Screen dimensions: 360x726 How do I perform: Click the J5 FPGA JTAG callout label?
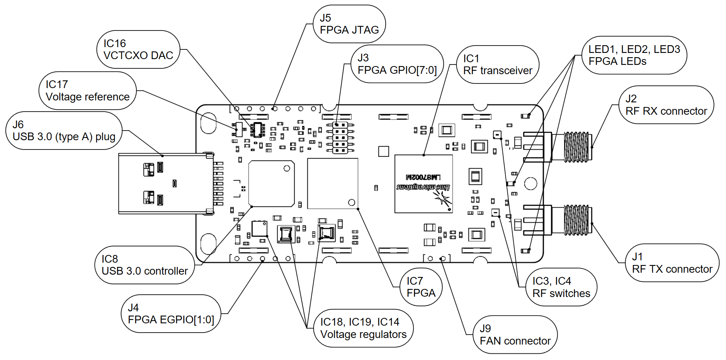tap(349, 24)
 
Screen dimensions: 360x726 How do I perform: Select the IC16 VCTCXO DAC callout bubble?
tap(138, 49)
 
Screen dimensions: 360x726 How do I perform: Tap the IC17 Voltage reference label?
tap(88, 91)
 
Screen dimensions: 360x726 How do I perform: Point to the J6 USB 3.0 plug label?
tap(64, 131)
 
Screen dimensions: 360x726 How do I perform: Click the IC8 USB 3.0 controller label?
tap(145, 265)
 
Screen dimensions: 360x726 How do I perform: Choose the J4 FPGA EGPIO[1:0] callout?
tap(171, 314)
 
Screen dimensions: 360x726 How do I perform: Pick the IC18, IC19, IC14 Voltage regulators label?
tap(363, 328)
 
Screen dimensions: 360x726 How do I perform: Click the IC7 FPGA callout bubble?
tap(421, 287)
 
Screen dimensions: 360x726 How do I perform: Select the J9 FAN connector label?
tap(515, 335)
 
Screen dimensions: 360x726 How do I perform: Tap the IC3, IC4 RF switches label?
tap(561, 287)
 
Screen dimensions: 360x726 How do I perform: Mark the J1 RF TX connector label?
tap(672, 263)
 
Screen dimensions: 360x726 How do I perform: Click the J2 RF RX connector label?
tap(666, 105)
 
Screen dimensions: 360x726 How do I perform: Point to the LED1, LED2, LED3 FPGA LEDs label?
tap(634, 55)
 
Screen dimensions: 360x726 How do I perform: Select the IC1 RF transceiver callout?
tap(498, 65)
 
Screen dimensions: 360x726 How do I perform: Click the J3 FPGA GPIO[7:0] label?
tap(397, 64)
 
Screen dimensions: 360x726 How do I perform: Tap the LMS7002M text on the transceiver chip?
tap(423, 177)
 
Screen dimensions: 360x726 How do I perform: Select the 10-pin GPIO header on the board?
tap(340, 138)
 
